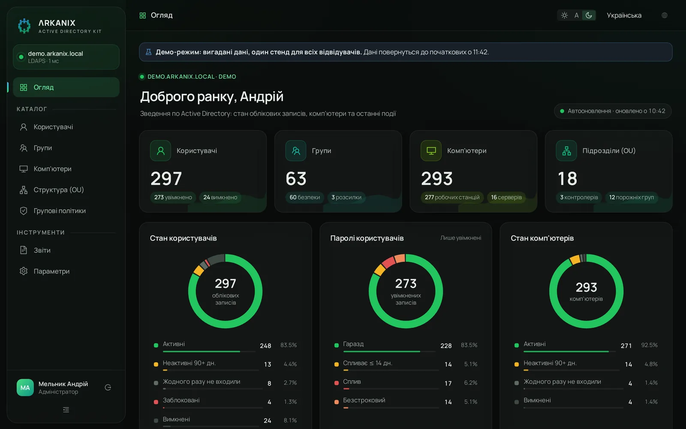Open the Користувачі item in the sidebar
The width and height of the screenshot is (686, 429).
(53, 127)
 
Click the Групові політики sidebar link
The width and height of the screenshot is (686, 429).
(60, 211)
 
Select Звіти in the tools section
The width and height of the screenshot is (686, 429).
(42, 251)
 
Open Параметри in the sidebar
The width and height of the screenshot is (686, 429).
(51, 272)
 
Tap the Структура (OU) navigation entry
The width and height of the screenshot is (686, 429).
(58, 190)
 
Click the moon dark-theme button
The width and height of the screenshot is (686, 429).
(589, 15)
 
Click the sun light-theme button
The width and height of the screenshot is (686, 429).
(564, 15)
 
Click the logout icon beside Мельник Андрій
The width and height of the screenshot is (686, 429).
(108, 388)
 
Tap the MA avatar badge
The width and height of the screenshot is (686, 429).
(25, 388)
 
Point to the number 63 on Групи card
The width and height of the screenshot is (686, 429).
(296, 178)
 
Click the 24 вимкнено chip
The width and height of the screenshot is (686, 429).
(220, 197)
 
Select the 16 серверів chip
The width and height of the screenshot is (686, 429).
(506, 197)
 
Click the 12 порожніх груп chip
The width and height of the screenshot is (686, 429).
(631, 197)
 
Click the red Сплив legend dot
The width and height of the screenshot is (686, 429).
(337, 383)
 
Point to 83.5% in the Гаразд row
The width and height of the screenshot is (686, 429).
(469, 345)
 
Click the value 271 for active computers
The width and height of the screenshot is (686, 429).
(626, 346)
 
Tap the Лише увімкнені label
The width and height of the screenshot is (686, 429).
(460, 238)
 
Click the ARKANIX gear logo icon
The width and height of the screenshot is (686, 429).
(24, 26)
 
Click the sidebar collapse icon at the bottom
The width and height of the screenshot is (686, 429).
(66, 410)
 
